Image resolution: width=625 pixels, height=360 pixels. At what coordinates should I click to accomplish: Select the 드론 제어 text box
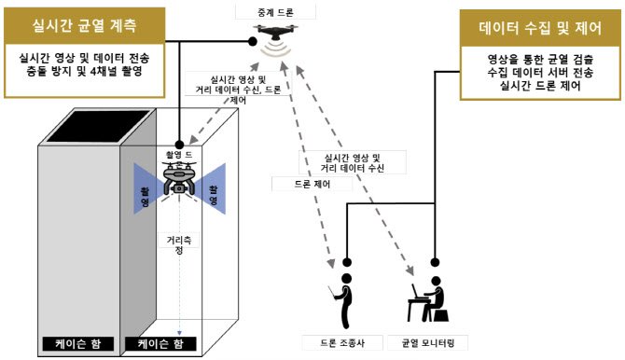299,185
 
